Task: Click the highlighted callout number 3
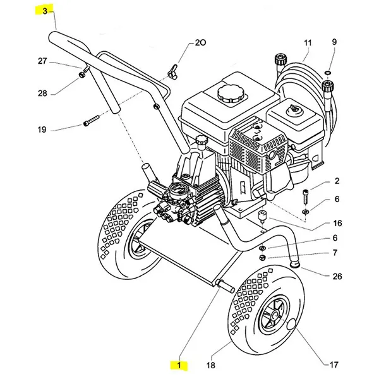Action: [x=45, y=11]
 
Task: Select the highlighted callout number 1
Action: [x=180, y=365]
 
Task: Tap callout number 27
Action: [x=42, y=61]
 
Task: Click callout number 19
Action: [x=42, y=130]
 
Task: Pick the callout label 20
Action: [x=199, y=44]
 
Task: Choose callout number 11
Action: [x=308, y=43]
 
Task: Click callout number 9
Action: [x=334, y=42]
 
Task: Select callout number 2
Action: [x=337, y=181]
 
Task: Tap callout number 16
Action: [x=337, y=223]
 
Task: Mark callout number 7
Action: [x=335, y=253]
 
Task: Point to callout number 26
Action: [x=337, y=277]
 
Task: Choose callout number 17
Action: [x=334, y=364]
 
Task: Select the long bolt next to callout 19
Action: [x=92, y=121]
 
